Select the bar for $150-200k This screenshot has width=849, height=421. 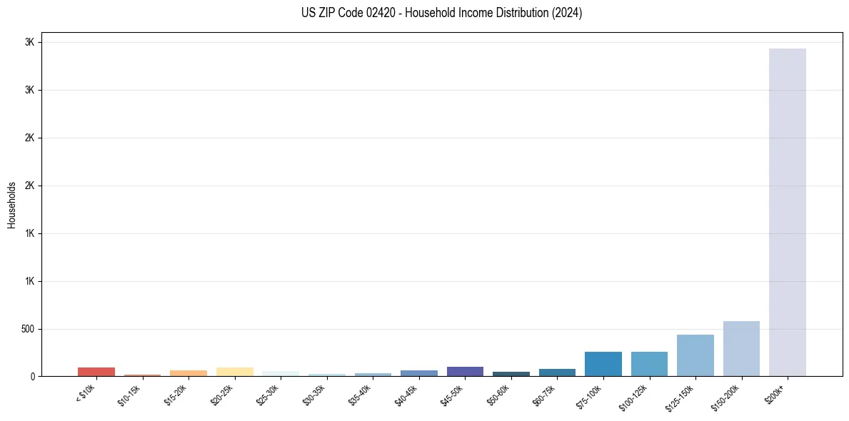tap(741, 349)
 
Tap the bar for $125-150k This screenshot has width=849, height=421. tap(695, 355)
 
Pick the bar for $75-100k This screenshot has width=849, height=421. tap(603, 364)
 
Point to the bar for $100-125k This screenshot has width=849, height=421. tap(649, 364)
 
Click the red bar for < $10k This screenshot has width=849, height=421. tap(96, 372)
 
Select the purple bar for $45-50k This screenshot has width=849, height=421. tap(465, 371)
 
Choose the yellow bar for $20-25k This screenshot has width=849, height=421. tap(234, 372)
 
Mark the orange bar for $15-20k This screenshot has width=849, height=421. tap(189, 373)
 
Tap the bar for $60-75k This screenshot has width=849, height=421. tap(557, 372)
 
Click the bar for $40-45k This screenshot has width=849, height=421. tap(419, 373)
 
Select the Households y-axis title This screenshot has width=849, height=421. tap(11, 205)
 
